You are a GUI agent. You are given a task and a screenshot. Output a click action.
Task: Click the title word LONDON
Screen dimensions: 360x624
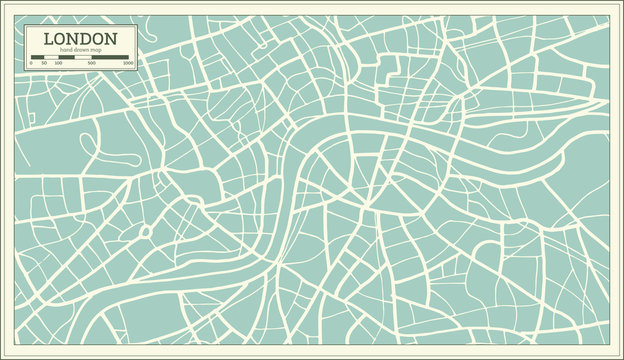[79, 38]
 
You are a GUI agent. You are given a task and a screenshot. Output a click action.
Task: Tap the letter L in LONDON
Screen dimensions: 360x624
[47, 38]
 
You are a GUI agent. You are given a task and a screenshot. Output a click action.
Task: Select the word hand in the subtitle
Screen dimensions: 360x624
[66, 49]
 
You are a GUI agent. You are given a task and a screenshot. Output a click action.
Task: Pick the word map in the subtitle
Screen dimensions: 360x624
[98, 49]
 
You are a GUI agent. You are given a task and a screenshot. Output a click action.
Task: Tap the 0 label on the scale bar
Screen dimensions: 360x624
[31, 63]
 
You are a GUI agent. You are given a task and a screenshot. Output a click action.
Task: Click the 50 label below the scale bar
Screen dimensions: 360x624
[43, 63]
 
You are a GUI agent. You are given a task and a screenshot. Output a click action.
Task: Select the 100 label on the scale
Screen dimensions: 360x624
[57, 63]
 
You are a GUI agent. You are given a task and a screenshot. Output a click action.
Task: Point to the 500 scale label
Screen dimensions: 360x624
[92, 63]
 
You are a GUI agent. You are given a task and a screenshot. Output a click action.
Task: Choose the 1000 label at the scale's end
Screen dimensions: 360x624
[128, 63]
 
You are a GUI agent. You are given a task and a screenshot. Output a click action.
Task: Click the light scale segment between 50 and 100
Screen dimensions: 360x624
[50, 57]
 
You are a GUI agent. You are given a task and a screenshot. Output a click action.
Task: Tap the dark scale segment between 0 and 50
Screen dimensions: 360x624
[37, 57]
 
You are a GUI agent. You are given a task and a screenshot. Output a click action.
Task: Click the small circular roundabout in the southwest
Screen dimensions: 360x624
[146, 231]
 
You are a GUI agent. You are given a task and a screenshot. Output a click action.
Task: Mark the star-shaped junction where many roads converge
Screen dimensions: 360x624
[368, 205]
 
